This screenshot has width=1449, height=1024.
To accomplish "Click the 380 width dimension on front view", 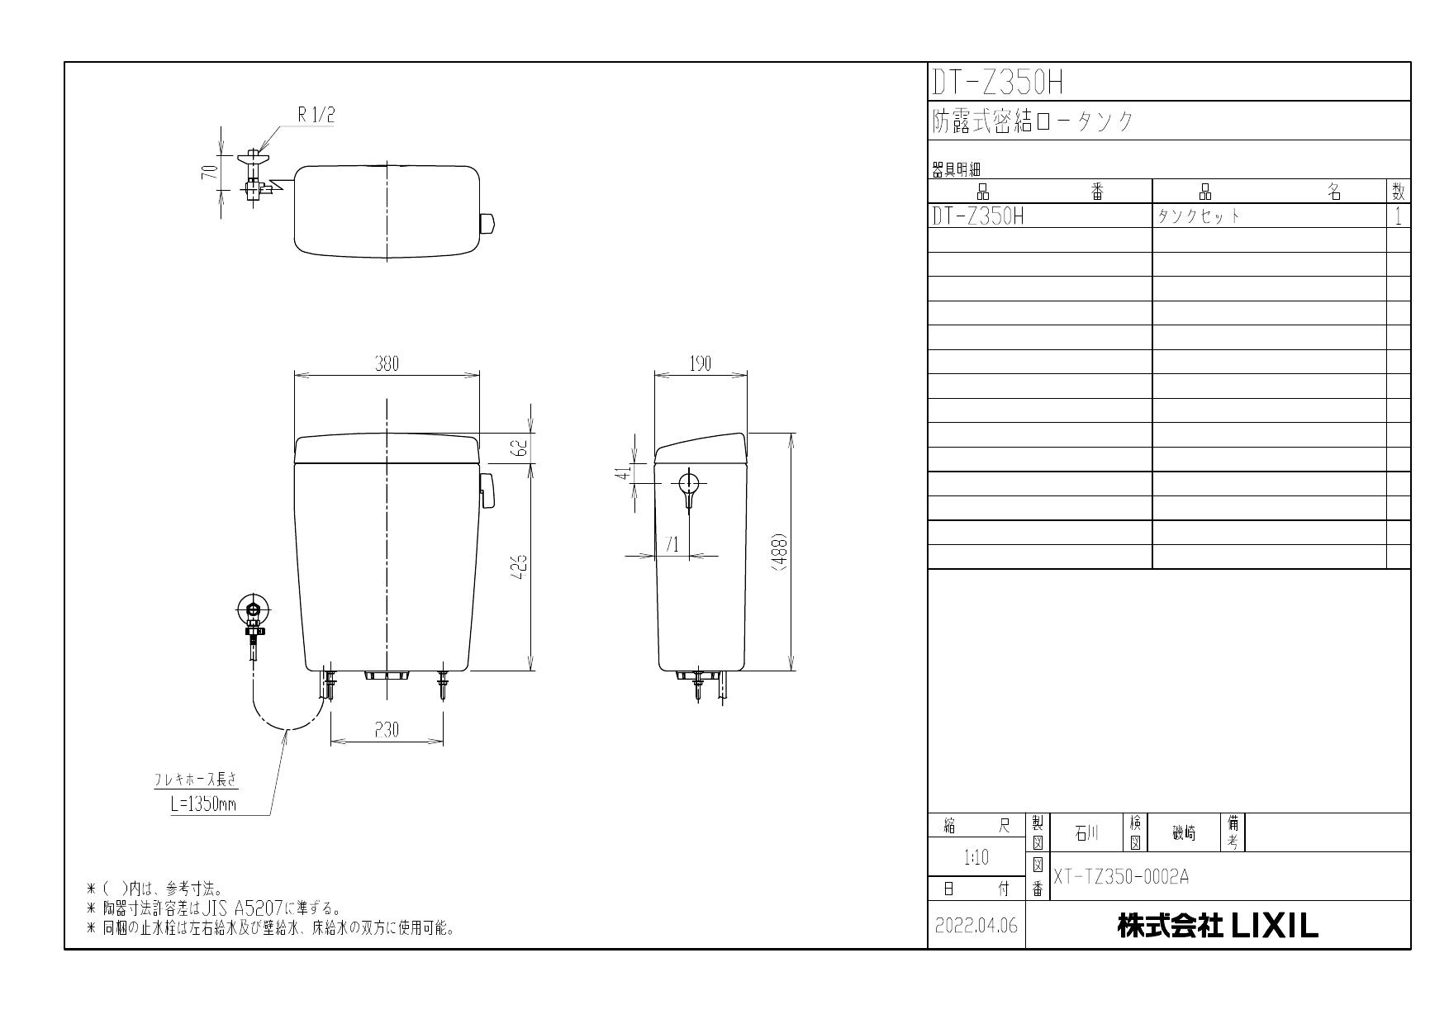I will pyautogui.click(x=387, y=364).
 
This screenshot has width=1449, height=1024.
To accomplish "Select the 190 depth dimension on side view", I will pyautogui.click(x=700, y=364).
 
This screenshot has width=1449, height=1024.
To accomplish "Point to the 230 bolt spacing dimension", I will pyautogui.click(x=386, y=730).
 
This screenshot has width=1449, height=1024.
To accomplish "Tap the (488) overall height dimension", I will pyautogui.click(x=779, y=551).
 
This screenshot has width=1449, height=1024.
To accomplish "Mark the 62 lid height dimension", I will pyautogui.click(x=521, y=448).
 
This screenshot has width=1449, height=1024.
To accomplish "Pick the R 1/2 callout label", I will pyautogui.click(x=316, y=116).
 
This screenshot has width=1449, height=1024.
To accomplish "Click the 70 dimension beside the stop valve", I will pyautogui.click(x=211, y=172).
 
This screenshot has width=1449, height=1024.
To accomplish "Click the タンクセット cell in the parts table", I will pyautogui.click(x=1199, y=216).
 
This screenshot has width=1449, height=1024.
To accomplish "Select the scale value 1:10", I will pyautogui.click(x=976, y=858).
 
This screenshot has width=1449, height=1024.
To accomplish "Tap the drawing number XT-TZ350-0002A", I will pyautogui.click(x=1121, y=877).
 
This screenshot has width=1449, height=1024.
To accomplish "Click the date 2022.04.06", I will pyautogui.click(x=976, y=926).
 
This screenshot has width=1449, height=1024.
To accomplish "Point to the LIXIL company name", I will pyautogui.click(x=1218, y=926).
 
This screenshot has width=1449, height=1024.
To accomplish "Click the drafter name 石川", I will pyautogui.click(x=1086, y=834).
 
